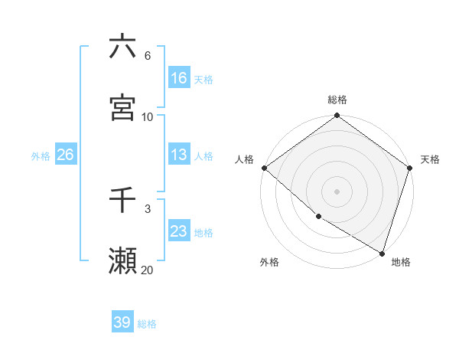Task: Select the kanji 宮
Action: (122, 108)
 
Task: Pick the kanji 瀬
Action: (122, 261)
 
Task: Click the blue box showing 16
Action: (179, 78)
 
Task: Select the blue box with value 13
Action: (179, 155)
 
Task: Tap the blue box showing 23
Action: (179, 231)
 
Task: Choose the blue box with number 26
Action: (65, 155)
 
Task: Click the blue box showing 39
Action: (122, 322)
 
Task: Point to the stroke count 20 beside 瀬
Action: (147, 270)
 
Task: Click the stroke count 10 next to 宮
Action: (147, 116)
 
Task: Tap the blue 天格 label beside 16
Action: (203, 79)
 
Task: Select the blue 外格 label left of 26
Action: (41, 155)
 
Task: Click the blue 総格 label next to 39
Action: (147, 323)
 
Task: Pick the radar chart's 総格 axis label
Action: (337, 100)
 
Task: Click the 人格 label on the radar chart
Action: (245, 159)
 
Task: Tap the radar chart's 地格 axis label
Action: (401, 262)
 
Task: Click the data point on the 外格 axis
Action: (318, 217)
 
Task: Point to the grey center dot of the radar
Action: (337, 191)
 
